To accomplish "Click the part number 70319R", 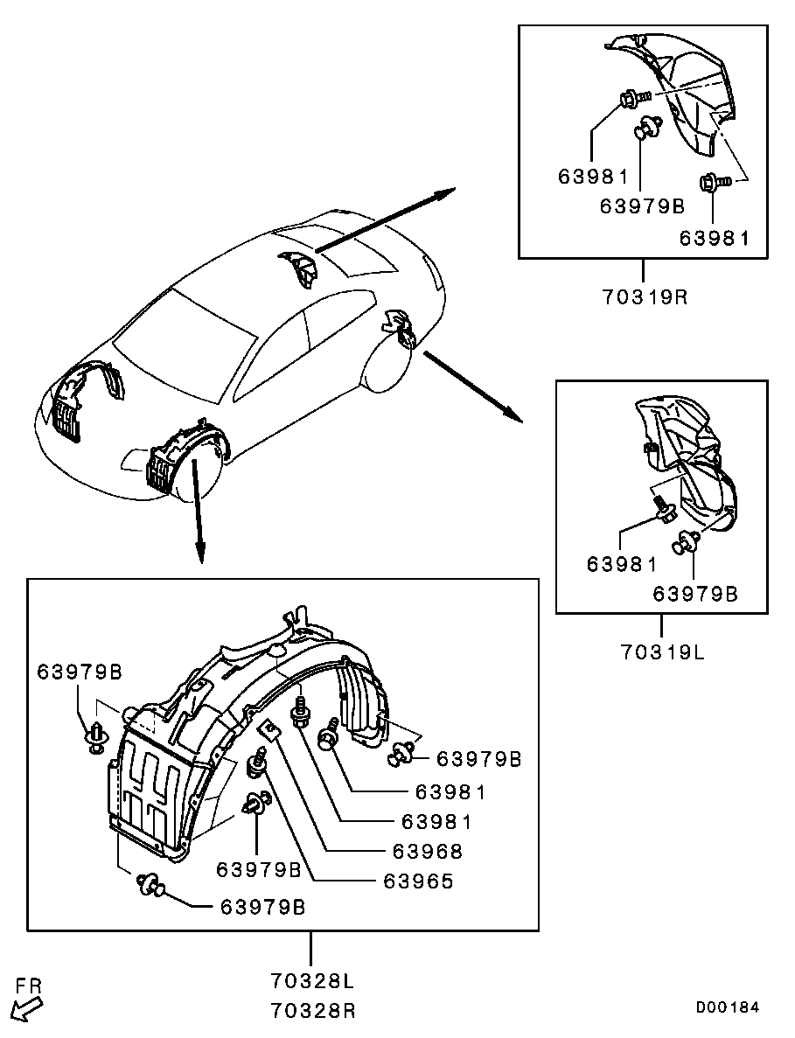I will click(645, 296).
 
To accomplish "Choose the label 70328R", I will click(312, 1011).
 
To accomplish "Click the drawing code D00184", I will click(727, 1007).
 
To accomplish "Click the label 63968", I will click(427, 850).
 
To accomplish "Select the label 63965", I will click(418, 881).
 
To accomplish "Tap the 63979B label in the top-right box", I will click(641, 206).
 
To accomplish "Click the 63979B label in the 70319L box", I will click(695, 594).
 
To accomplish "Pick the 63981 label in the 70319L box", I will click(621, 564).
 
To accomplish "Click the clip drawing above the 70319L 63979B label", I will click(686, 544).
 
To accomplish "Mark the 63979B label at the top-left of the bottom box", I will click(80, 672).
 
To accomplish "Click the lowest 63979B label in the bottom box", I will click(262, 906).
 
